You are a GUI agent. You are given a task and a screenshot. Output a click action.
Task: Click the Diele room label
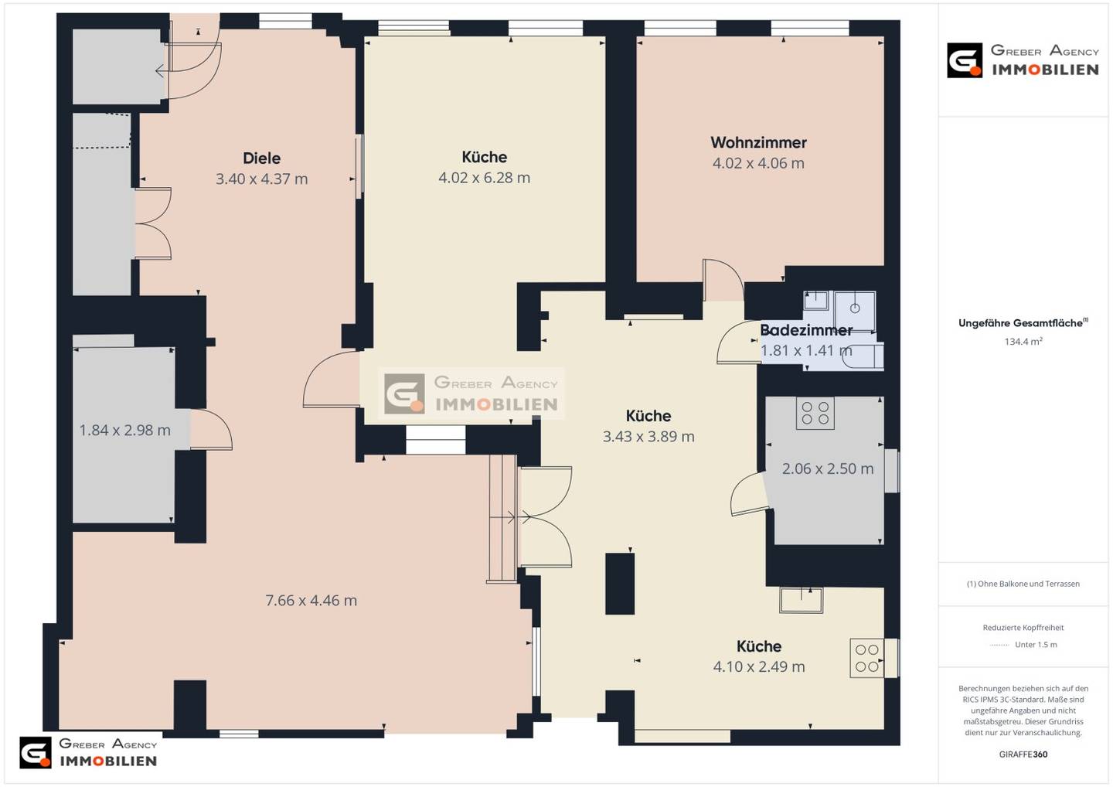[x=261, y=158]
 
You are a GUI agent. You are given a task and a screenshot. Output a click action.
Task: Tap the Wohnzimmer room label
[x=758, y=142]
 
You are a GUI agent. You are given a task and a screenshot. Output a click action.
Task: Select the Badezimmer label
[x=806, y=330]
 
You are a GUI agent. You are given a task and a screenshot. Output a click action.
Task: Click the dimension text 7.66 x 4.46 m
[x=311, y=600]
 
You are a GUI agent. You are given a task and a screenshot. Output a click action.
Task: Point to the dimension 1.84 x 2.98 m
[x=124, y=430]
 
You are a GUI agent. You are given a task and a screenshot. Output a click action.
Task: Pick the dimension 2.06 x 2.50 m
[x=828, y=468]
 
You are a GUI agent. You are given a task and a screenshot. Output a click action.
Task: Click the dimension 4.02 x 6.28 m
[x=484, y=177]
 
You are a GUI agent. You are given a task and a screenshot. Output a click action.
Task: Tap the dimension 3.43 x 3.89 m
[x=648, y=436]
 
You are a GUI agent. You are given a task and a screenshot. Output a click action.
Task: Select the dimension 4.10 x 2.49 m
[x=759, y=666]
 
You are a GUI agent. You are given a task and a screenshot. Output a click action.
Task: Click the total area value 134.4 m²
[x=1023, y=342]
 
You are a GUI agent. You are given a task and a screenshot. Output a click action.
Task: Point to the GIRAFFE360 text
[x=1023, y=755]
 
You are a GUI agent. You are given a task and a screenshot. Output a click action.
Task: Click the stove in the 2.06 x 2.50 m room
[x=815, y=413]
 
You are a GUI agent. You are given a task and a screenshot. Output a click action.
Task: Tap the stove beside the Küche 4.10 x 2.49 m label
[x=867, y=658]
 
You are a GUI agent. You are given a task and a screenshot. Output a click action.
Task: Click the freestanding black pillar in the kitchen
[x=620, y=584]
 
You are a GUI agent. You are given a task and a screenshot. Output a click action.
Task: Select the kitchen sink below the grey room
[x=801, y=600]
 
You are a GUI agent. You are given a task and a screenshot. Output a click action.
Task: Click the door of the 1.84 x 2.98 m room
[x=211, y=430]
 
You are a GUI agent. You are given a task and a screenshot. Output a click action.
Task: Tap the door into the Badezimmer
[x=738, y=342]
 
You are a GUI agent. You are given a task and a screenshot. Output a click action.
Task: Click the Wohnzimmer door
[x=723, y=280]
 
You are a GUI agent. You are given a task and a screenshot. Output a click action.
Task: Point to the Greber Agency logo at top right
[x=1022, y=60]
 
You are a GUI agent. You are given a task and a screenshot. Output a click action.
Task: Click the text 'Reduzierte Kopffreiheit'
[x=1023, y=628]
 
